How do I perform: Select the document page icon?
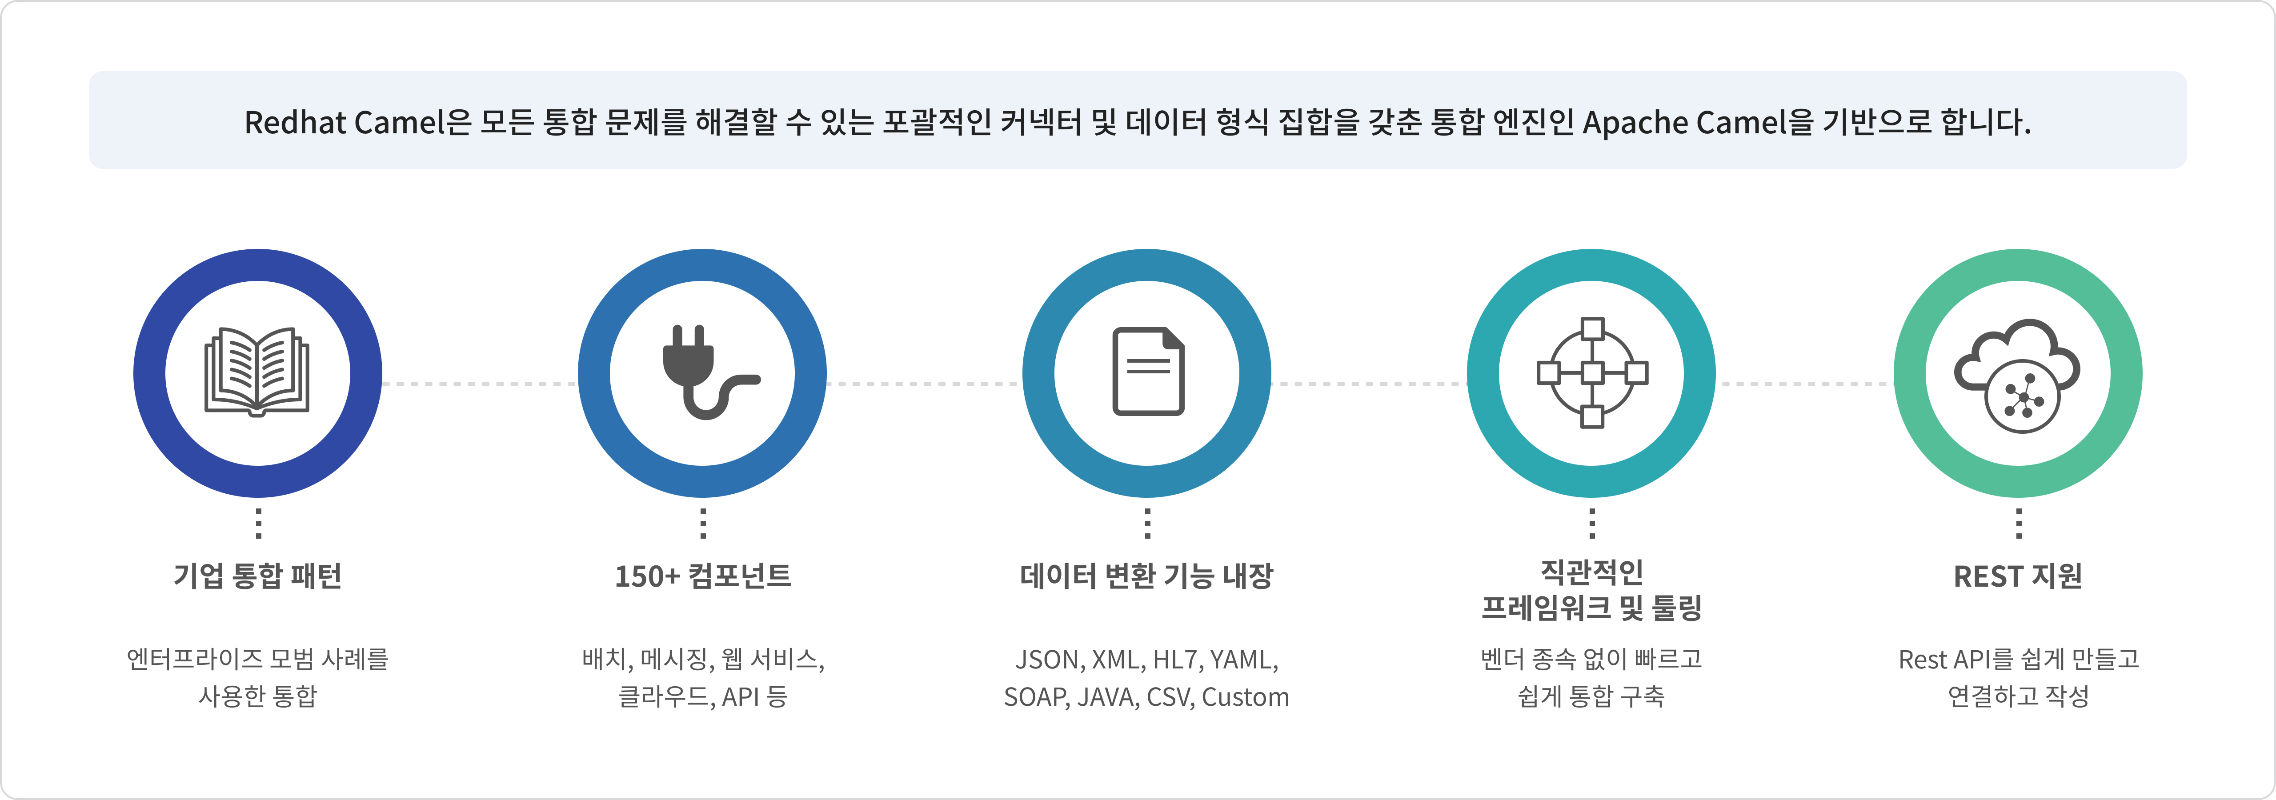(1148, 372)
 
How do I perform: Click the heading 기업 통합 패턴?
(257, 576)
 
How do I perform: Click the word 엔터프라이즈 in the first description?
(194, 660)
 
